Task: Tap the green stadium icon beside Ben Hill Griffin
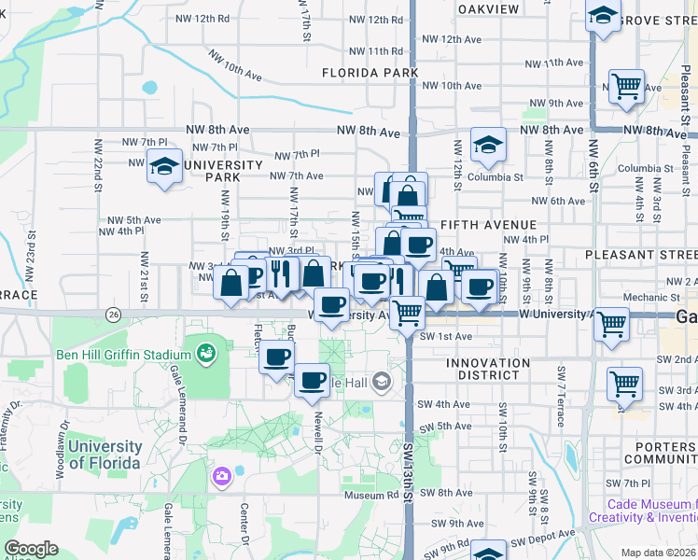[x=204, y=354]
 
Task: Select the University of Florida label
[x=105, y=455]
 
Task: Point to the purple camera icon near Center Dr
[x=221, y=477]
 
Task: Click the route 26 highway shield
[x=114, y=313]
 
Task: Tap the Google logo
[x=32, y=549]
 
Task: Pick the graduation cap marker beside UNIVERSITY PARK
[x=165, y=167]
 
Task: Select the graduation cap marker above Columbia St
[x=487, y=145]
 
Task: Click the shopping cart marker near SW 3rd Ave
[x=624, y=383]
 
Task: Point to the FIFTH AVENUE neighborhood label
[x=488, y=225]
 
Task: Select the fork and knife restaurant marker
[x=282, y=272]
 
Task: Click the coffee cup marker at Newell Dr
[x=312, y=379]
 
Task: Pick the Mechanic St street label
[x=645, y=298]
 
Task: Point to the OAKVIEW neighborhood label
[x=489, y=8]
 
